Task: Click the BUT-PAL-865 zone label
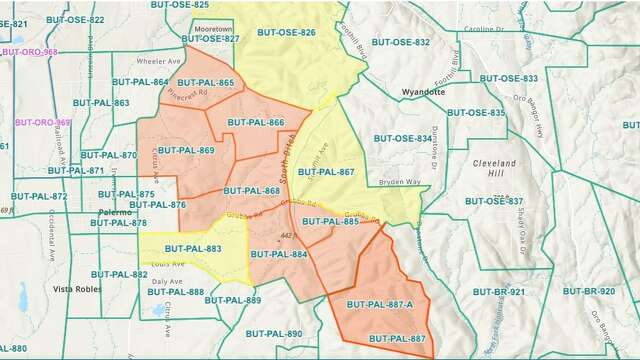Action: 206,83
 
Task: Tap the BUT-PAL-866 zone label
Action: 256,122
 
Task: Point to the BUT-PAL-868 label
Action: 251,190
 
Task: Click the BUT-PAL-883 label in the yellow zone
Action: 193,248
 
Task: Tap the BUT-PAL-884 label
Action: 278,254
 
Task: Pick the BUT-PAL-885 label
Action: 330,221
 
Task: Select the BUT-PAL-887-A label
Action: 379,304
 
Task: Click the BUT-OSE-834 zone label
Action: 403,138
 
